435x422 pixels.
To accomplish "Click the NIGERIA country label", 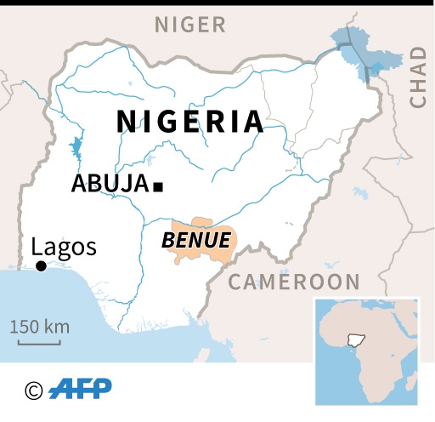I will coord(190,122).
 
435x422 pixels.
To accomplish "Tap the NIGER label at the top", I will coord(190,24).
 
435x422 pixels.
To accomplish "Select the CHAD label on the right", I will coord(417,77).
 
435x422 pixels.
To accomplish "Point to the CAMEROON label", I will coord(295,282).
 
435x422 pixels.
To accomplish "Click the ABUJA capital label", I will coord(109,184).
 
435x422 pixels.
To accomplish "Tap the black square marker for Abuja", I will coord(157,185).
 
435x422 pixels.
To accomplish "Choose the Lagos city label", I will coord(64,248).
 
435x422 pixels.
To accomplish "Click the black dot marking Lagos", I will coord(41,267).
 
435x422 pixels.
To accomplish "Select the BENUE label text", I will coord(195,240).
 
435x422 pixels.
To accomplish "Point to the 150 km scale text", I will coord(40,327).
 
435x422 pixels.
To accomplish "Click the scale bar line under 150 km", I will coord(39,343).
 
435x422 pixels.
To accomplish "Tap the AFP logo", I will coord(80,390).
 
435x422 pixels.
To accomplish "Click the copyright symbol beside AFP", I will coord(34,391).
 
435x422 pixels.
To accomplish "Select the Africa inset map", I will coord(366,351).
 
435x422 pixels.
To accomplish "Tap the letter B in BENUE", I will coord(167,240).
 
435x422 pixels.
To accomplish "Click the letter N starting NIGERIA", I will coord(126,122).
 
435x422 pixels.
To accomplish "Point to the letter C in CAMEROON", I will coord(236,282).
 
